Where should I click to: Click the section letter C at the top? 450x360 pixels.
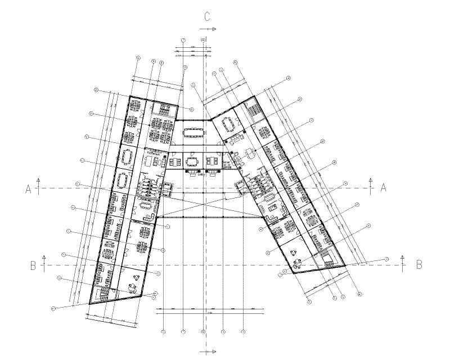(207, 16)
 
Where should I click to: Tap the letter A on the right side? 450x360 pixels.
(384, 188)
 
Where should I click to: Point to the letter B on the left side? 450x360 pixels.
(33, 265)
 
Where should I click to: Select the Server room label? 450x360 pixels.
(227, 163)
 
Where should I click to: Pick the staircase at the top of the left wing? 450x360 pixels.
(163, 109)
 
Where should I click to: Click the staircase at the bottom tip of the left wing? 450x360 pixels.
(102, 294)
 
